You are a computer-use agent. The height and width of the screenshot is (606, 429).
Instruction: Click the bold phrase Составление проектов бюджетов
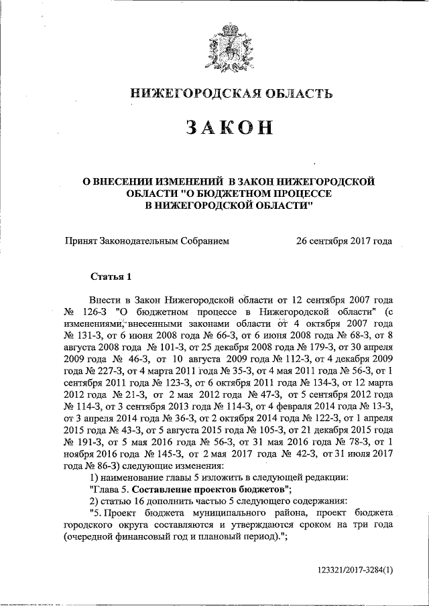[206, 489]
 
